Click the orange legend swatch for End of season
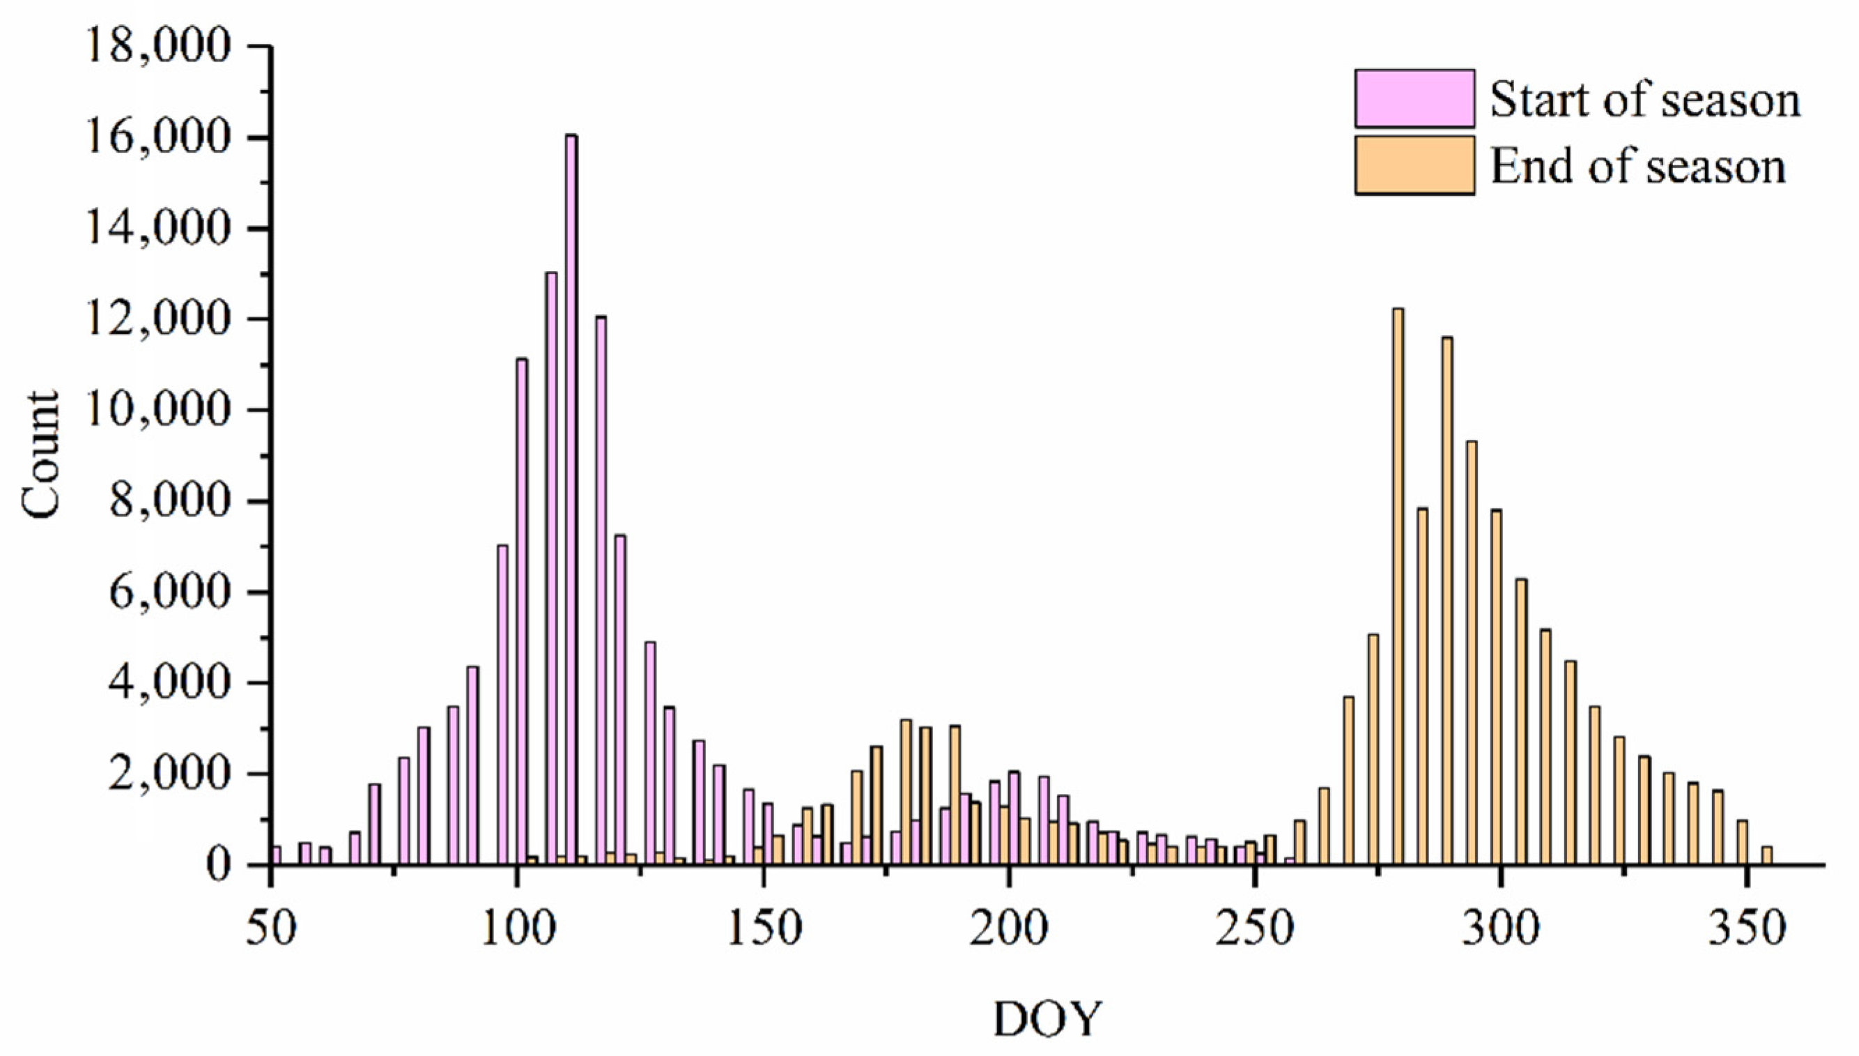(x=1414, y=165)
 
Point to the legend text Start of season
(x=1644, y=100)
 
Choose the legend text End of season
(x=1637, y=167)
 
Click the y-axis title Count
(x=40, y=455)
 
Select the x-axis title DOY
(x=1047, y=1020)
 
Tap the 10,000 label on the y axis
(x=158, y=411)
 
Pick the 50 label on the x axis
(x=271, y=930)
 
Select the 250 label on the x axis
(x=1255, y=930)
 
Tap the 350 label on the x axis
(x=1747, y=930)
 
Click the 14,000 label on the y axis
(x=158, y=229)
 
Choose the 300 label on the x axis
(x=1500, y=930)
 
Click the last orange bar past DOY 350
(x=1767, y=856)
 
